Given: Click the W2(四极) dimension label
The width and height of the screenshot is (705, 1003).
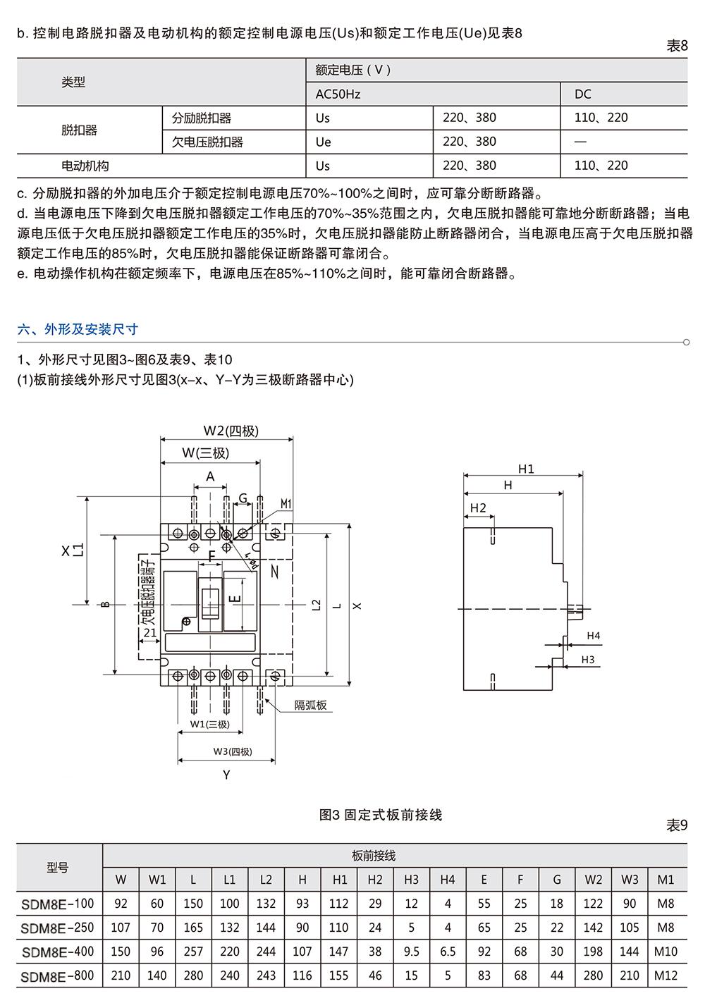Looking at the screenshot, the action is pyautogui.click(x=231, y=431).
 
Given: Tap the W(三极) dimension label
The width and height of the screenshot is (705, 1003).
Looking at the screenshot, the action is pyautogui.click(x=206, y=453).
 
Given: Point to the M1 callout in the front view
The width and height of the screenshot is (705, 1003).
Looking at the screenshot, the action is pyautogui.click(x=286, y=504).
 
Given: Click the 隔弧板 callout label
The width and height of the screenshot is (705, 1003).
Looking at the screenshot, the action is pyautogui.click(x=310, y=706).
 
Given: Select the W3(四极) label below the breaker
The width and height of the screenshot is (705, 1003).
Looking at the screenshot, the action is pyautogui.click(x=233, y=751).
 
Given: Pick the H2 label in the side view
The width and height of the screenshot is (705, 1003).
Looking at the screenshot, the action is pyautogui.click(x=478, y=507).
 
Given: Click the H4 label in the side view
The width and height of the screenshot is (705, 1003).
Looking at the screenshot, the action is pyautogui.click(x=593, y=635).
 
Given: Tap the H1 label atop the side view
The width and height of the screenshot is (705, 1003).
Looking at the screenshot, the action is pyautogui.click(x=526, y=469).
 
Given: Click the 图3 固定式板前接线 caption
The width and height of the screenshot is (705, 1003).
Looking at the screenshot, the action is pyautogui.click(x=380, y=815).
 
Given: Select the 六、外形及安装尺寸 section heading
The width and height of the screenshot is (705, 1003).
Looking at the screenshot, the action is pyautogui.click(x=78, y=329).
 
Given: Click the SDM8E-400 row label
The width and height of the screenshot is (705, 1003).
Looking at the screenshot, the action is pyautogui.click(x=58, y=952).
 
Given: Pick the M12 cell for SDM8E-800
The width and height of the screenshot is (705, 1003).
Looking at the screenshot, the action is pyautogui.click(x=666, y=976).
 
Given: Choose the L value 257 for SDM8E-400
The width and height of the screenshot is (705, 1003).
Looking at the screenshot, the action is pyautogui.click(x=193, y=951).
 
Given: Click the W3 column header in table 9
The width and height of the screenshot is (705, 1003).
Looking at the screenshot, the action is pyautogui.click(x=630, y=880).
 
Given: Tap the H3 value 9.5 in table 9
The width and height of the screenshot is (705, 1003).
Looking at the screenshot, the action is pyautogui.click(x=411, y=951).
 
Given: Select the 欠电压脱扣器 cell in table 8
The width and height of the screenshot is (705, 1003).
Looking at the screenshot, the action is pyautogui.click(x=207, y=142).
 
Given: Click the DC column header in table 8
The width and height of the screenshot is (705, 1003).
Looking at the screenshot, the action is pyautogui.click(x=583, y=94).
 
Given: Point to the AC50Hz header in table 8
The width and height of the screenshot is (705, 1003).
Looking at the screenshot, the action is pyautogui.click(x=338, y=94).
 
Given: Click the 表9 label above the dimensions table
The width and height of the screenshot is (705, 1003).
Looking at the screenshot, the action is pyautogui.click(x=677, y=825).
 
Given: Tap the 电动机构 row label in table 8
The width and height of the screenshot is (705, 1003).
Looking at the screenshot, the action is pyautogui.click(x=85, y=166).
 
